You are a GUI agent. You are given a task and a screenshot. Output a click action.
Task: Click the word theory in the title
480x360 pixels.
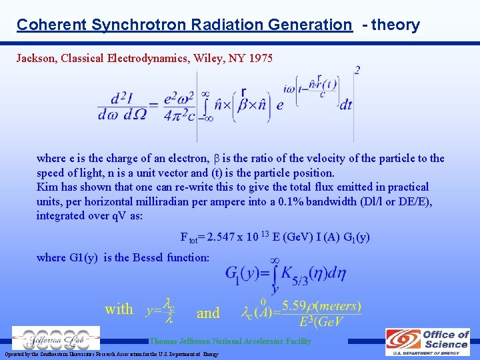[x=397, y=25]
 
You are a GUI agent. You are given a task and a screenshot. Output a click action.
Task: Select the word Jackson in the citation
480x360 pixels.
[x=36, y=58]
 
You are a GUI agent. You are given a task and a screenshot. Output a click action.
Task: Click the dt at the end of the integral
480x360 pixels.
[x=345, y=105]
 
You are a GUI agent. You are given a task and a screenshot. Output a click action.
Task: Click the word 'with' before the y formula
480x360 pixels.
[x=119, y=309]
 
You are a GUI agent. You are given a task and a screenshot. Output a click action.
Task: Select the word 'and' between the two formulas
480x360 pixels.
[x=208, y=312]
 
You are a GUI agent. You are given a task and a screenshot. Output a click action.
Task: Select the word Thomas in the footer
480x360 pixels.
[x=165, y=341]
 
